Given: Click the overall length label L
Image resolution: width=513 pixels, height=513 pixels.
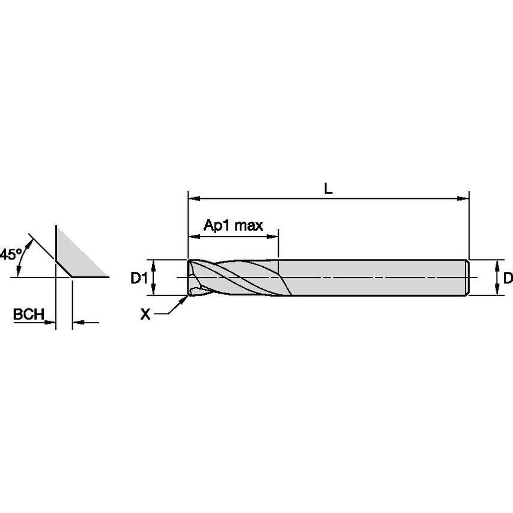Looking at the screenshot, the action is point(328,189).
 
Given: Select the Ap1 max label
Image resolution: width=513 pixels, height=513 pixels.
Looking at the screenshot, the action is point(233,225).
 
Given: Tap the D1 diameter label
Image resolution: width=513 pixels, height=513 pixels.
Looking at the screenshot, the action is point(139,278).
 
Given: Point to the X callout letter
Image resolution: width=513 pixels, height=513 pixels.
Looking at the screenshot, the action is point(145,314).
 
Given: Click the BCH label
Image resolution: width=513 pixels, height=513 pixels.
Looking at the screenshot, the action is point(28,314).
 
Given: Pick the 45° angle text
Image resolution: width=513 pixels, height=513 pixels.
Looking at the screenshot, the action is point(10,254).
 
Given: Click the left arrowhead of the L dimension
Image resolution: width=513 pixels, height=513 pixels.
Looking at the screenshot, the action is point(195,199).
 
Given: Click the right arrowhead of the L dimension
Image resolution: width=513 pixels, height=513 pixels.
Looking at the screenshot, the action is point(463,199).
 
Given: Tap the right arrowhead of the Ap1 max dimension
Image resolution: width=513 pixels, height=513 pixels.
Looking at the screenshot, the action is point(272,237).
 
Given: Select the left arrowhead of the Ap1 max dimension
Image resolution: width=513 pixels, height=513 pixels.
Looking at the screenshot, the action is point(195,237).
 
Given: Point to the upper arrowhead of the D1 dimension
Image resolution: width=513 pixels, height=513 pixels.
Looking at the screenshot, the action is point(153,266).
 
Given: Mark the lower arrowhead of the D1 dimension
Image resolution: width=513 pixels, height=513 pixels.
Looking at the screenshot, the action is point(153,290).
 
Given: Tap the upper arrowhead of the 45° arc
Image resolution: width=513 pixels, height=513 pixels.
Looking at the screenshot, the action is point(30,244).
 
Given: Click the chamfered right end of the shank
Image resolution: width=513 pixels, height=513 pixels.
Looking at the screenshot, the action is point(467,278).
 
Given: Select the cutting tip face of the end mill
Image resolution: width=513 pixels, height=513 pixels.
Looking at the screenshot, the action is point(190,278).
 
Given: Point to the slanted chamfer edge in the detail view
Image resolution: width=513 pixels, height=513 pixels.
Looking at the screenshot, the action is point(64,269).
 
